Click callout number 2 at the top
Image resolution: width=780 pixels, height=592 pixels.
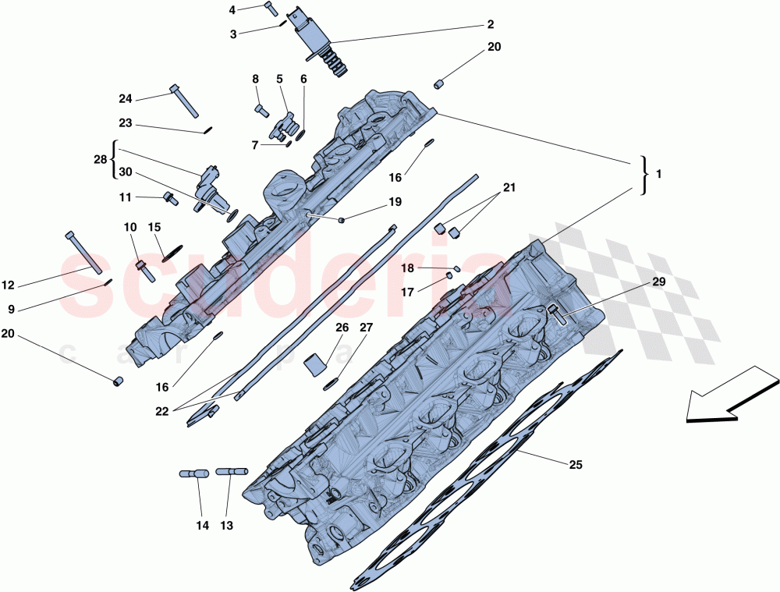tap(490, 24)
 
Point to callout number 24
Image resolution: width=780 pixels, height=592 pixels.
tap(126, 99)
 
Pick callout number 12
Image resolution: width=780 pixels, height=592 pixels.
tap(9, 285)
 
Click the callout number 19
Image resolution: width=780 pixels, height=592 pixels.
tap(395, 202)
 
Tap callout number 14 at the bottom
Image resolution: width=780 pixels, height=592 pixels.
tap(202, 526)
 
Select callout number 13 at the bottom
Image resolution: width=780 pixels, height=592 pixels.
tap(226, 526)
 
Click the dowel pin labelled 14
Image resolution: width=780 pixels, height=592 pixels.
tap(194, 473)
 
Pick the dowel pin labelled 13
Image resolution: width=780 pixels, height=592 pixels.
tap(232, 471)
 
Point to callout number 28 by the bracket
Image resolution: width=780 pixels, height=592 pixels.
tap(100, 159)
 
